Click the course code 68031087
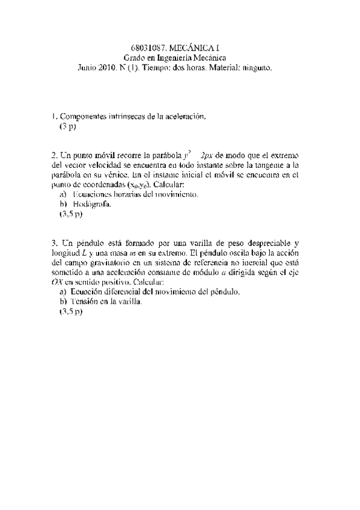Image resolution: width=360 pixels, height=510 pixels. [147, 47]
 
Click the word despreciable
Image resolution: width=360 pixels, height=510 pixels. [263, 243]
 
